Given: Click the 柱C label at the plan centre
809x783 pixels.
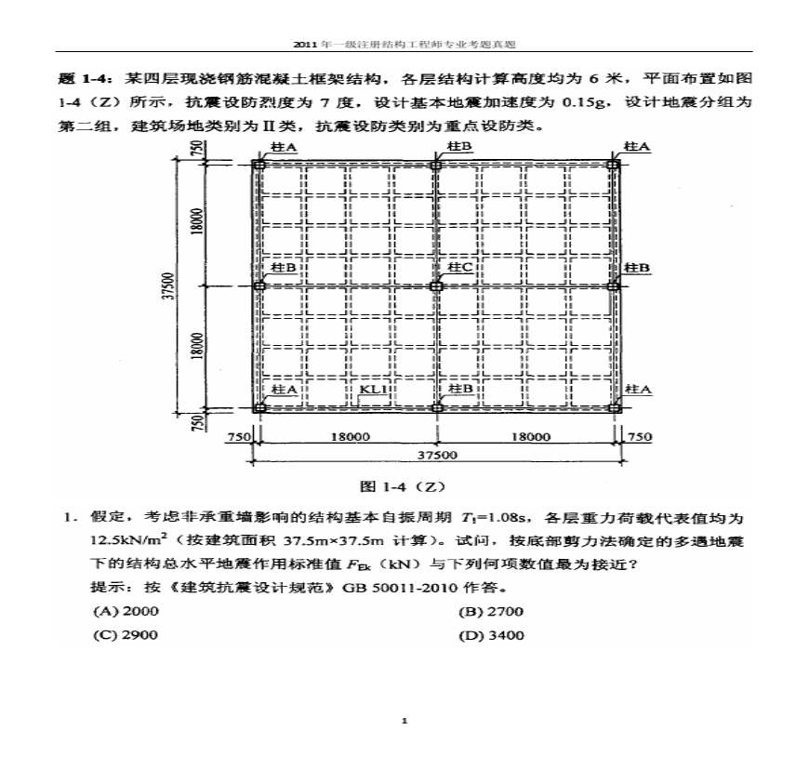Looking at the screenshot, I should (x=459, y=268).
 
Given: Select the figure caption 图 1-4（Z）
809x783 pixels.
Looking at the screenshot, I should (x=404, y=486).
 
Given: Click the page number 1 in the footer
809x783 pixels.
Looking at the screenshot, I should (x=404, y=721).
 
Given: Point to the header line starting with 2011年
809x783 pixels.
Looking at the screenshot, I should (x=404, y=44).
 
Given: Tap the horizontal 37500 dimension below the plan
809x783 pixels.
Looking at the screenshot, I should (x=437, y=455).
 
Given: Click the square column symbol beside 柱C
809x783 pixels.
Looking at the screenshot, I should (x=436, y=285).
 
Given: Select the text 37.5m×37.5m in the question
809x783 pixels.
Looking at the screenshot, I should (x=307, y=540).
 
